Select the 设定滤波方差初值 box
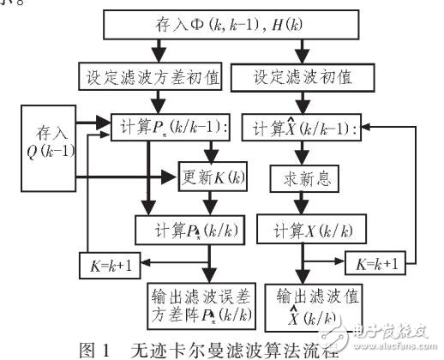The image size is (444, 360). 152,76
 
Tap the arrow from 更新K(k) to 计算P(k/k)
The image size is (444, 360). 208,205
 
